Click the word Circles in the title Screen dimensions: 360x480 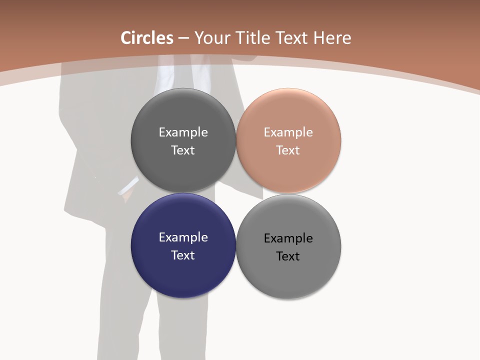pos(147,38)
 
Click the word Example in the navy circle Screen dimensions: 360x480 pos(183,237)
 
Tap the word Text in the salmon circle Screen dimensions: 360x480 pos(288,150)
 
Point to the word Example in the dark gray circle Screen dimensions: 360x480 pos(183,132)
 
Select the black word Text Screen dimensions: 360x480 pos(288,256)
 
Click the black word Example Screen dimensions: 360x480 pos(288,238)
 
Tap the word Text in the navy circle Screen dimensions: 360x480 pos(183,255)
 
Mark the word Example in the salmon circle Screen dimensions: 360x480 pos(288,132)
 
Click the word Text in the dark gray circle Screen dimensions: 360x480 pos(183,150)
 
